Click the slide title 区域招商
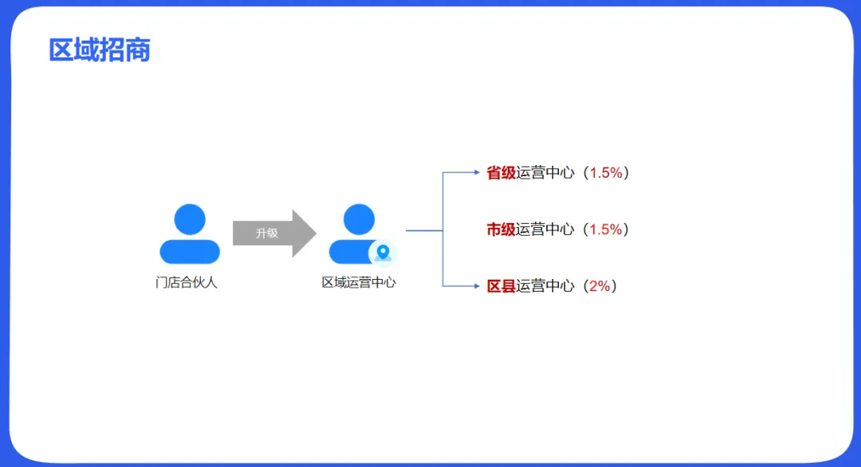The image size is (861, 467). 100,50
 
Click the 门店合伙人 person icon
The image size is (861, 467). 190,234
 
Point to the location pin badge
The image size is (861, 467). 383,253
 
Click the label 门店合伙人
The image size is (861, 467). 187,282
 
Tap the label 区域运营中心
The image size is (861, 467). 359,282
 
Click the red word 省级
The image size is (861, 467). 501,173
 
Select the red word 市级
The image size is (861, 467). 501,230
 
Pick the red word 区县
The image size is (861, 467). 501,286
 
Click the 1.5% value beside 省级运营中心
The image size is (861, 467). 606,173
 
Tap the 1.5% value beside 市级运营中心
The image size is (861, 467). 606,230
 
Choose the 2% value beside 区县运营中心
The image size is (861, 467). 600,286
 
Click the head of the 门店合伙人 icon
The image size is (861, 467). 190,219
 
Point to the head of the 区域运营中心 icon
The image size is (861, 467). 359,219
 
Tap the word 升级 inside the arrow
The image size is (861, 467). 267,233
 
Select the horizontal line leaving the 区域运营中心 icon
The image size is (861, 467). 423,231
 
